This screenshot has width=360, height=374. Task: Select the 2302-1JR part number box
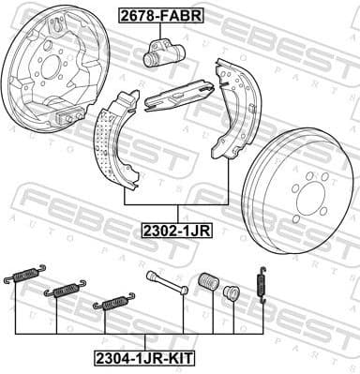(x=176, y=228)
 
